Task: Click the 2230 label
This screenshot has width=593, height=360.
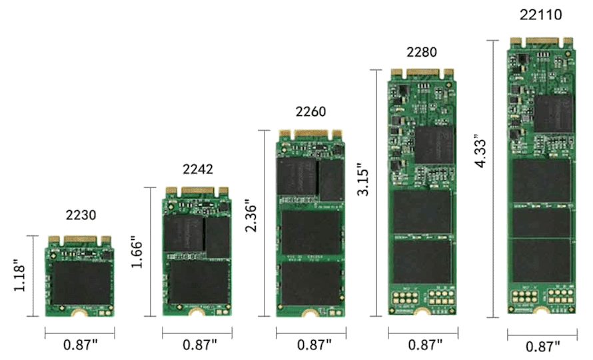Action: pyautogui.click(x=81, y=215)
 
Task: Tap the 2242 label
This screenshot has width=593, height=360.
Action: pyautogui.click(x=198, y=169)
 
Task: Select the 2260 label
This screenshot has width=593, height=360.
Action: pyautogui.click(x=310, y=112)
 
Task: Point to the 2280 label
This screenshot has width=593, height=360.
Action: pyautogui.click(x=422, y=52)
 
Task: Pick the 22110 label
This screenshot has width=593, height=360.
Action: pyautogui.click(x=541, y=15)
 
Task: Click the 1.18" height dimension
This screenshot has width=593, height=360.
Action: pyautogui.click(x=19, y=275)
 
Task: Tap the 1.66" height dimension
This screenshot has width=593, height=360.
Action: pyautogui.click(x=136, y=252)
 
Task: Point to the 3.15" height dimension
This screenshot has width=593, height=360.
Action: pyautogui.click(x=363, y=179)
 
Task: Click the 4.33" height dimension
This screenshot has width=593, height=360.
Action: pyautogui.click(x=481, y=151)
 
